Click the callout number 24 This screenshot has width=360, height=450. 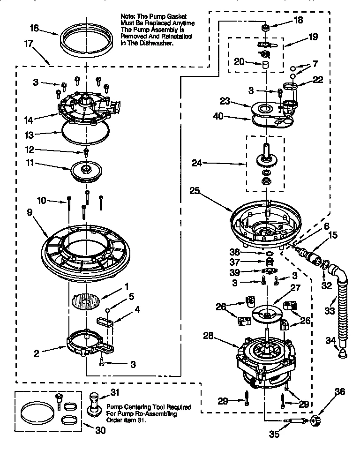tap(197, 164)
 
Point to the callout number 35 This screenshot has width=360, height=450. tap(275, 435)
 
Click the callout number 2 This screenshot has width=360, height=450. tap(37, 353)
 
